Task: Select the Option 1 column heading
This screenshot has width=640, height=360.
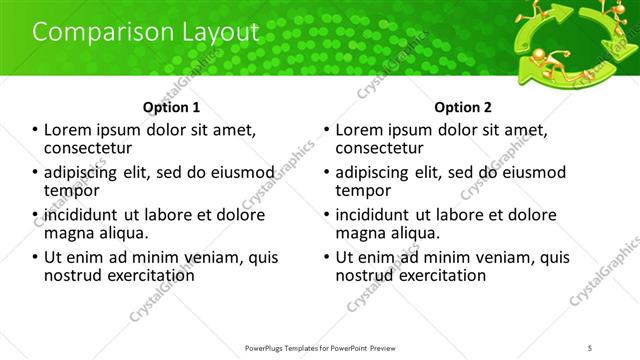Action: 173,107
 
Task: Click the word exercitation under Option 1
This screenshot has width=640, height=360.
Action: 146,274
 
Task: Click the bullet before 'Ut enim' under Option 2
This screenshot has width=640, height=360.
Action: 326,257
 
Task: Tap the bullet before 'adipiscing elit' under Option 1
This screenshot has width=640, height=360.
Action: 36,172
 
